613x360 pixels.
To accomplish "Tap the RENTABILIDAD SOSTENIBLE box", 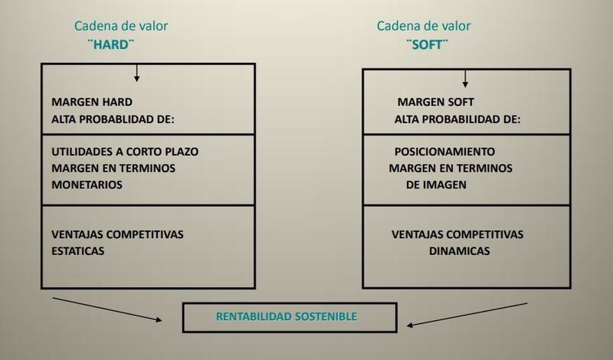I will (290, 316).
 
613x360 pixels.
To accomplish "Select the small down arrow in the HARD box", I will (136, 74).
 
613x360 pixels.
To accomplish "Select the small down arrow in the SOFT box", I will (464, 78).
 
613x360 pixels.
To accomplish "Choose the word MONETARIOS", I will (87, 185).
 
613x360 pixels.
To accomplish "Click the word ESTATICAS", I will (77, 250).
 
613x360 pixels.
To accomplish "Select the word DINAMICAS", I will (459, 250).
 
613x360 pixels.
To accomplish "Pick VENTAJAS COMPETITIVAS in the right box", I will (457, 233).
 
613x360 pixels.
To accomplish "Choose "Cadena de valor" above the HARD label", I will (121, 26).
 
